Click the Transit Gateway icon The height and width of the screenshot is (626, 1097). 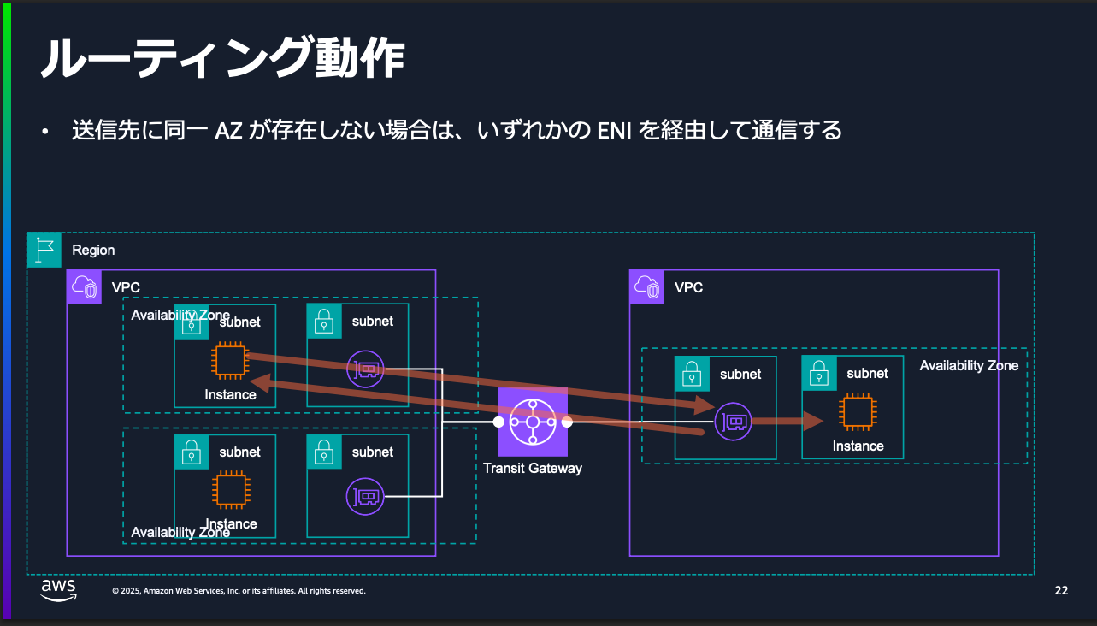point(533,422)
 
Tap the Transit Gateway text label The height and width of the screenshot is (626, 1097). point(532,468)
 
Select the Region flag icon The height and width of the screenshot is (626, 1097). point(44,249)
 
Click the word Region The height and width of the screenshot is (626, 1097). point(93,250)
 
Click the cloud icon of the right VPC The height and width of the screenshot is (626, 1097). point(646,286)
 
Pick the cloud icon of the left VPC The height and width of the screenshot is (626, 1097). point(84,286)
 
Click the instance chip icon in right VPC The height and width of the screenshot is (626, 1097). point(858,412)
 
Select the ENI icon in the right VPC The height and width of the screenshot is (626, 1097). point(733,421)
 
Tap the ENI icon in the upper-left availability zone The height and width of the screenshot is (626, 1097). point(365,369)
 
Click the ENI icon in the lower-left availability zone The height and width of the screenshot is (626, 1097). point(365,496)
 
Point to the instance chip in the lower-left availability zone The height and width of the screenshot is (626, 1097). point(229,491)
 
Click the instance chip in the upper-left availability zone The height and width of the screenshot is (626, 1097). point(229,361)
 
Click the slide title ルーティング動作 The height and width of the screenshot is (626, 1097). point(221,60)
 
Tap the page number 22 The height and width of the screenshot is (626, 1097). point(1061,590)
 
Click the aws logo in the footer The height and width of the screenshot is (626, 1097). point(58,590)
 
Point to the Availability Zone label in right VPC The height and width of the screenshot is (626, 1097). point(969,366)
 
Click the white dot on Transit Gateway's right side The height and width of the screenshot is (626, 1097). point(567,422)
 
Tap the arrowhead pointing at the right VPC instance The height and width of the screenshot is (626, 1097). point(812,421)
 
